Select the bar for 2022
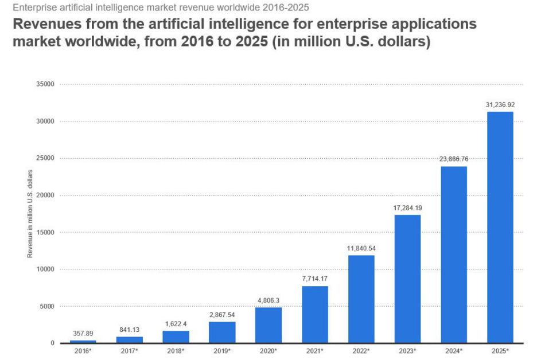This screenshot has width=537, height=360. click(x=361, y=299)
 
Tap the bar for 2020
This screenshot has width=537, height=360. click(x=268, y=325)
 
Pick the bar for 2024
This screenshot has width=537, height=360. click(x=453, y=255)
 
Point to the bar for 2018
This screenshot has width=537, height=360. click(x=176, y=336)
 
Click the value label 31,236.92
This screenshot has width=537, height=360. click(x=500, y=105)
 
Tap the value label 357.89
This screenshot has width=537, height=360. click(x=83, y=333)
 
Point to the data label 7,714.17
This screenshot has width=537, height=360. click(x=314, y=279)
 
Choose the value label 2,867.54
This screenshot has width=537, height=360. click(x=221, y=315)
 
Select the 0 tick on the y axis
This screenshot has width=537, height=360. click(x=52, y=343)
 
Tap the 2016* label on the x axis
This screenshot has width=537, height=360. click(x=83, y=350)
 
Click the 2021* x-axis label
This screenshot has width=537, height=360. click(x=314, y=350)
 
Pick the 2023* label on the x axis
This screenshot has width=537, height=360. click(x=407, y=350)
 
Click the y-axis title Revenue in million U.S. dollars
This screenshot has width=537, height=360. click(x=30, y=214)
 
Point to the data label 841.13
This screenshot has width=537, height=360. click(x=129, y=330)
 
